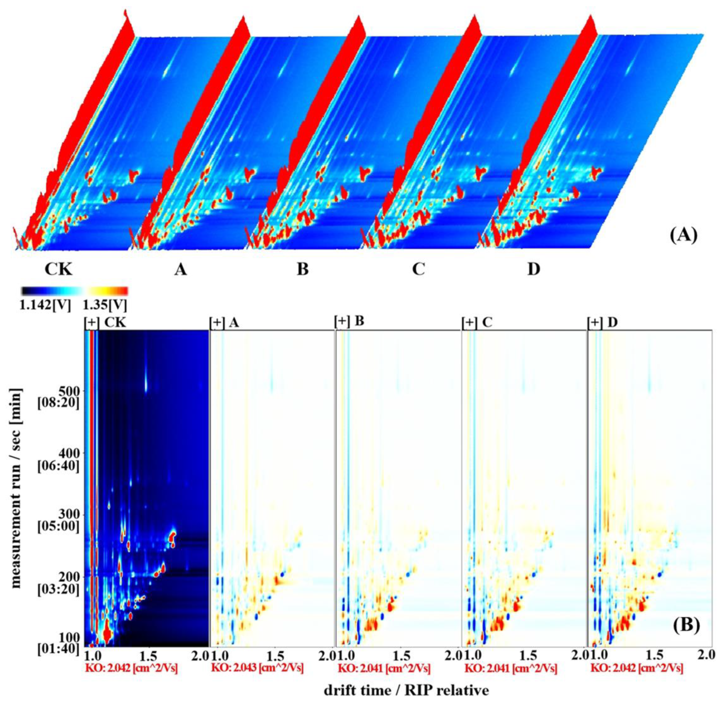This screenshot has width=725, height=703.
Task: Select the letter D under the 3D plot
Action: [x=533, y=270]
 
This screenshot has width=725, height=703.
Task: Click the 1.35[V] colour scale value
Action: [x=105, y=305]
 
